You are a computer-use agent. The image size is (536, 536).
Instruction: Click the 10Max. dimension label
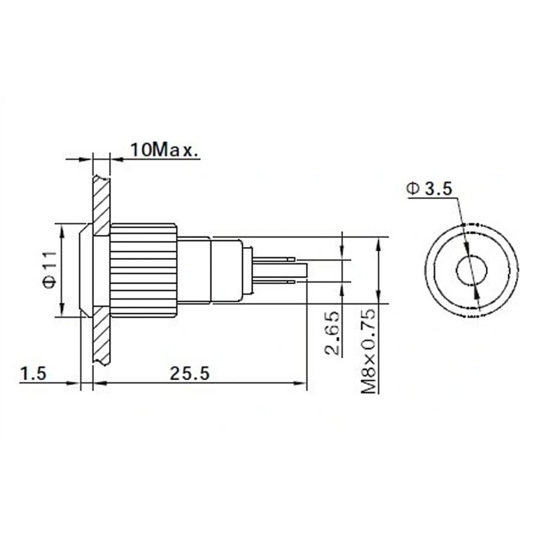point(163,149)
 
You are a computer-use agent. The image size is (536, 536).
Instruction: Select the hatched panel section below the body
point(101,338)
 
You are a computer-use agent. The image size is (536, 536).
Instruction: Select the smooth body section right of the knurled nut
point(194,269)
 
